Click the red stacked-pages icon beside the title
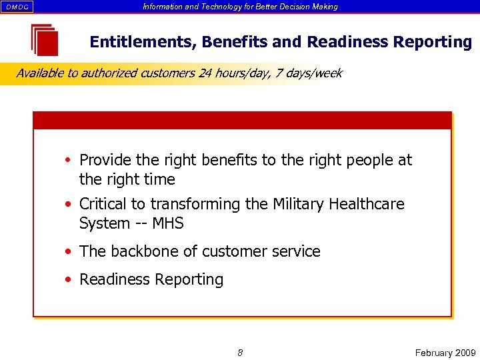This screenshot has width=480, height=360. click(x=45, y=40)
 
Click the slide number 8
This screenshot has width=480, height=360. click(x=240, y=353)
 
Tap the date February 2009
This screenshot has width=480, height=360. click(x=445, y=353)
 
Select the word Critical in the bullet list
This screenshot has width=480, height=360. click(x=105, y=204)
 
